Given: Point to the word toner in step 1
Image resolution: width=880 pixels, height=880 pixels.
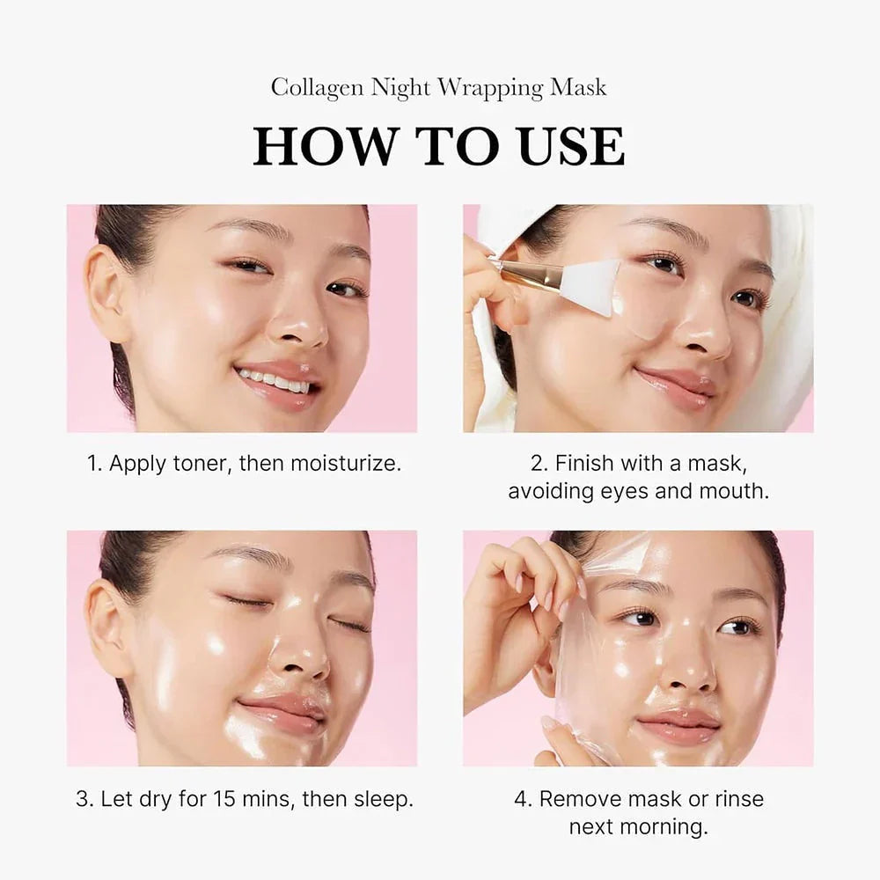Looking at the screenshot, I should tap(200, 464).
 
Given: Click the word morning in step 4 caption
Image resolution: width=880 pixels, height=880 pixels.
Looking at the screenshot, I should tap(668, 826).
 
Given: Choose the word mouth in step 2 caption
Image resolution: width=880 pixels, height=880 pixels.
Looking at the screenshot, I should tap(733, 491).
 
